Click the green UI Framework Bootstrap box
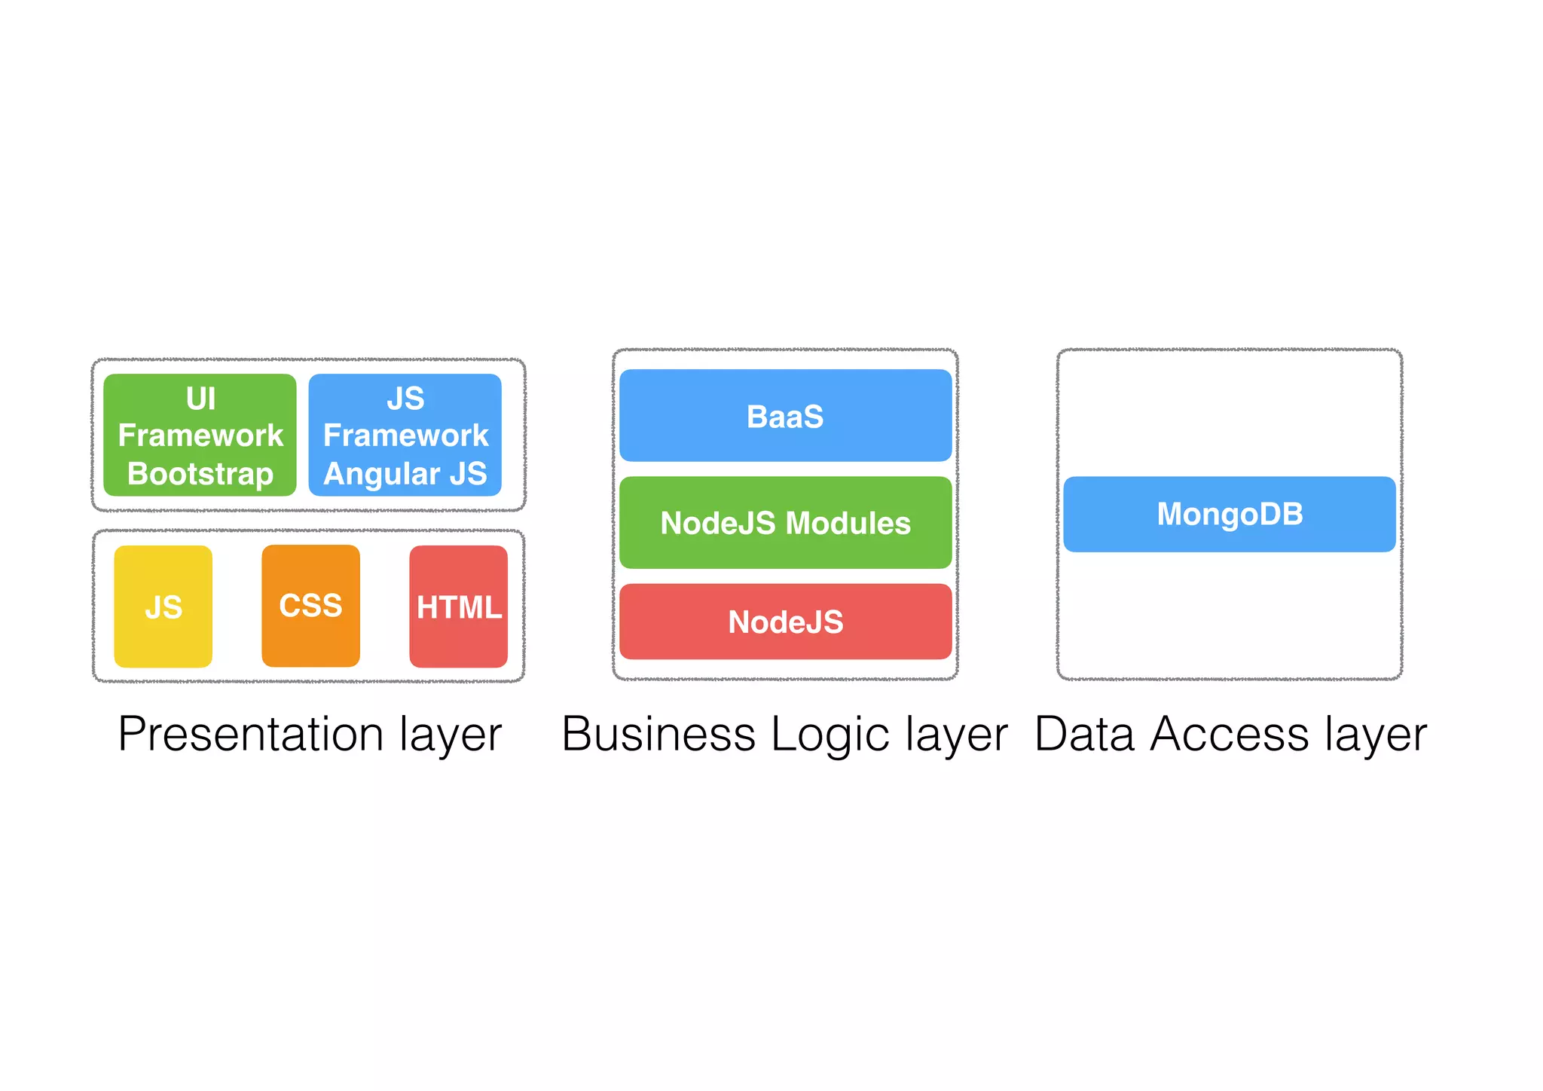tap(200, 435)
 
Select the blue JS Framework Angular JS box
tap(405, 435)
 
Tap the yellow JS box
tap(163, 607)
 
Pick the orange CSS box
tap(310, 606)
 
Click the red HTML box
tap(458, 607)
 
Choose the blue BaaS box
tap(785, 416)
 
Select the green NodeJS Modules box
tap(785, 523)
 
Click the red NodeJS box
tap(785, 622)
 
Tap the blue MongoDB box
tap(1229, 514)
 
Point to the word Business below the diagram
tap(658, 735)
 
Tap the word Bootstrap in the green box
tap(200, 474)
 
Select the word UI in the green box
tap(200, 398)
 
